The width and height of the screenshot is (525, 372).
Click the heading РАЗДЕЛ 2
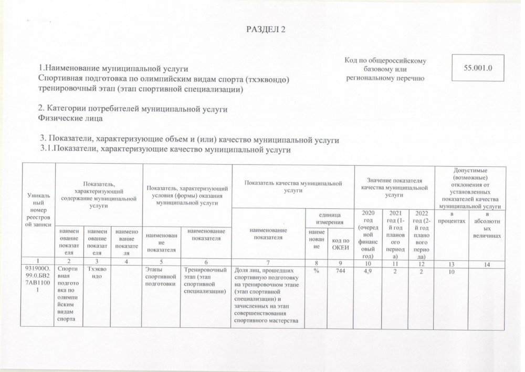(x=265, y=29)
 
